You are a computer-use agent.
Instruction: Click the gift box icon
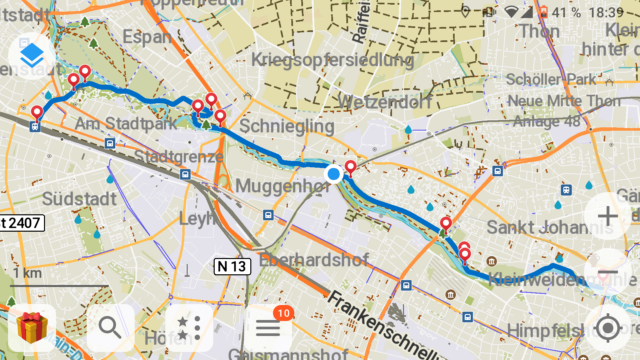click(32, 326)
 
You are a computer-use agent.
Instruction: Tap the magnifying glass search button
click(110, 326)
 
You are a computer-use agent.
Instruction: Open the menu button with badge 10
click(268, 326)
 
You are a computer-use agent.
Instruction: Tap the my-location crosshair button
click(607, 327)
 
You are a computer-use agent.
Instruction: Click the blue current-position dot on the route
click(333, 174)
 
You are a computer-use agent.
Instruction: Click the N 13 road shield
click(230, 266)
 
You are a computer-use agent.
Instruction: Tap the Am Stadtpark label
click(124, 124)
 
